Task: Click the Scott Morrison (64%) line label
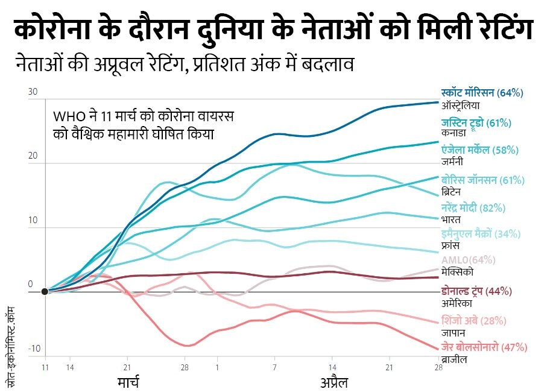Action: (x=482, y=93)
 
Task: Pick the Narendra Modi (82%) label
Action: (x=473, y=208)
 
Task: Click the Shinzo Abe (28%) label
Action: (x=474, y=320)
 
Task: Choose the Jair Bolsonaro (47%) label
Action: (x=484, y=347)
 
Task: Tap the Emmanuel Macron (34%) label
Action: (x=481, y=234)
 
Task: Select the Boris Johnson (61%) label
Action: (x=482, y=180)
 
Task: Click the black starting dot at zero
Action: (x=45, y=292)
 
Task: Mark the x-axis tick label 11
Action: (x=45, y=367)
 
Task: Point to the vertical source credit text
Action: (x=10, y=344)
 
